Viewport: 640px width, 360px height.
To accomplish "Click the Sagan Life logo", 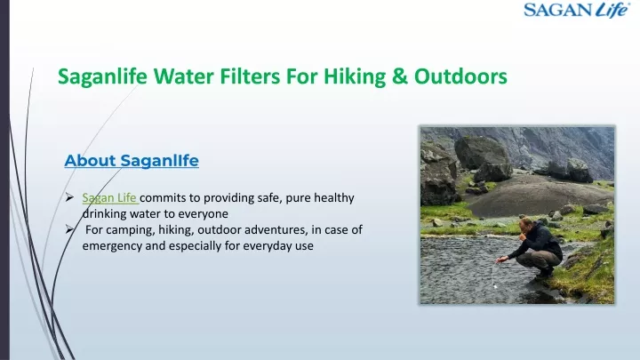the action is (577, 10).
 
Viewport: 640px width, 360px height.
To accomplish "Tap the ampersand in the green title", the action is (400, 76).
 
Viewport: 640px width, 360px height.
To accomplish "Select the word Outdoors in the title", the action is (460, 76).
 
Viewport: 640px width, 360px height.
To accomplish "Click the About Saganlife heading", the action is (132, 160).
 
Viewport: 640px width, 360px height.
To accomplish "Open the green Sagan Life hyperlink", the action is (109, 198).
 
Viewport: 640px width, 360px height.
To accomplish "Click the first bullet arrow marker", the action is (69, 197).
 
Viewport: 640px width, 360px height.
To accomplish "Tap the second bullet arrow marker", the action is (69, 230).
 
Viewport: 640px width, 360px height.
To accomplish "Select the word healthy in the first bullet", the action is (334, 198).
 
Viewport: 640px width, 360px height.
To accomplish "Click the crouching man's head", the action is (525, 225).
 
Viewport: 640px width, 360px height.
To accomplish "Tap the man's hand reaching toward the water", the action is (501, 260).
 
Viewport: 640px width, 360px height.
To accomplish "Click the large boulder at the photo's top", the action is (483, 152).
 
